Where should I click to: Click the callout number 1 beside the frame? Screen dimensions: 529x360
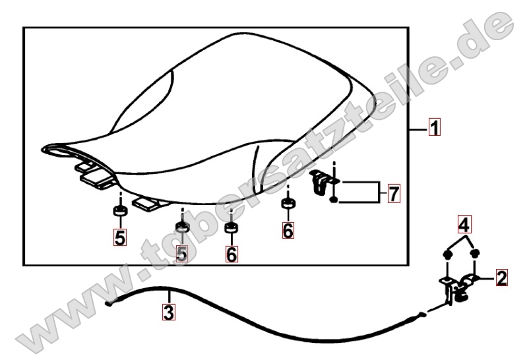click(435, 127)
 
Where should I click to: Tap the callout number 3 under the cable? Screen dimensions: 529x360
click(169, 312)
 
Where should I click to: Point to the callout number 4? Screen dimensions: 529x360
click(464, 225)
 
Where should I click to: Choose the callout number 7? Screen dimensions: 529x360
click(394, 194)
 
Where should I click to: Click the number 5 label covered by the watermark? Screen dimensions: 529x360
click(182, 253)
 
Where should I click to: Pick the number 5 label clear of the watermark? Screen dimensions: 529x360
click(120, 237)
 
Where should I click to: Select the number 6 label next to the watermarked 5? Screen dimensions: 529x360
click(232, 254)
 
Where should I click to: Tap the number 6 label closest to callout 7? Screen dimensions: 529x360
click(288, 231)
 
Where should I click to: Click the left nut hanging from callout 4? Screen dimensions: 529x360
click(447, 255)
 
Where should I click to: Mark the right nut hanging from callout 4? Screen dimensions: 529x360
click(475, 254)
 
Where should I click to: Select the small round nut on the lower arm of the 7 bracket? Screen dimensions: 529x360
click(333, 200)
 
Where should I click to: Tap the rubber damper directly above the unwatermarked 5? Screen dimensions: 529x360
click(120, 210)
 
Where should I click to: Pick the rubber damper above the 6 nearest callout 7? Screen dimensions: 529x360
click(288, 204)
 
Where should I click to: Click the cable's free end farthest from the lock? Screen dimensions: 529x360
click(109, 304)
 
